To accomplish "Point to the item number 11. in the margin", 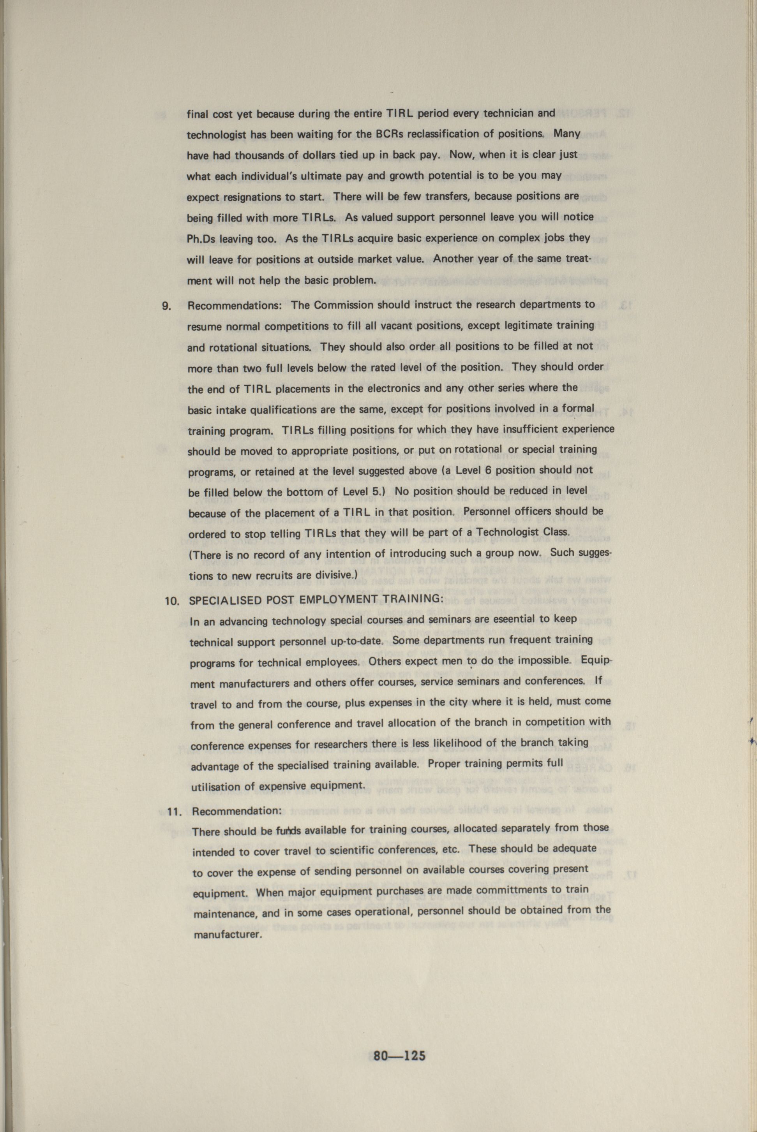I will pyautogui.click(x=174, y=811).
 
